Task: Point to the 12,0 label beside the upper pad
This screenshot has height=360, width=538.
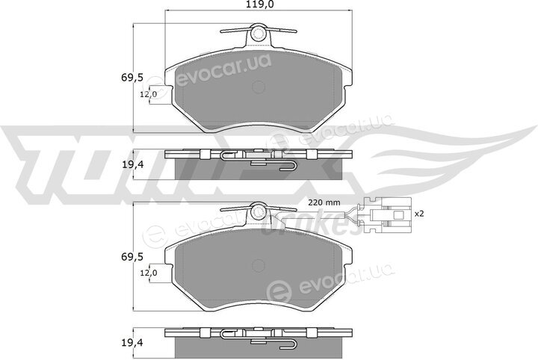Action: coord(148,94)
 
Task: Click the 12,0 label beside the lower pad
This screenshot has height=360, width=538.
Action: coord(148,273)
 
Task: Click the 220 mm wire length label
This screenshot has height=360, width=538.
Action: coord(324,202)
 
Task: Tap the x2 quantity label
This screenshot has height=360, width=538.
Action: coord(419,214)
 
